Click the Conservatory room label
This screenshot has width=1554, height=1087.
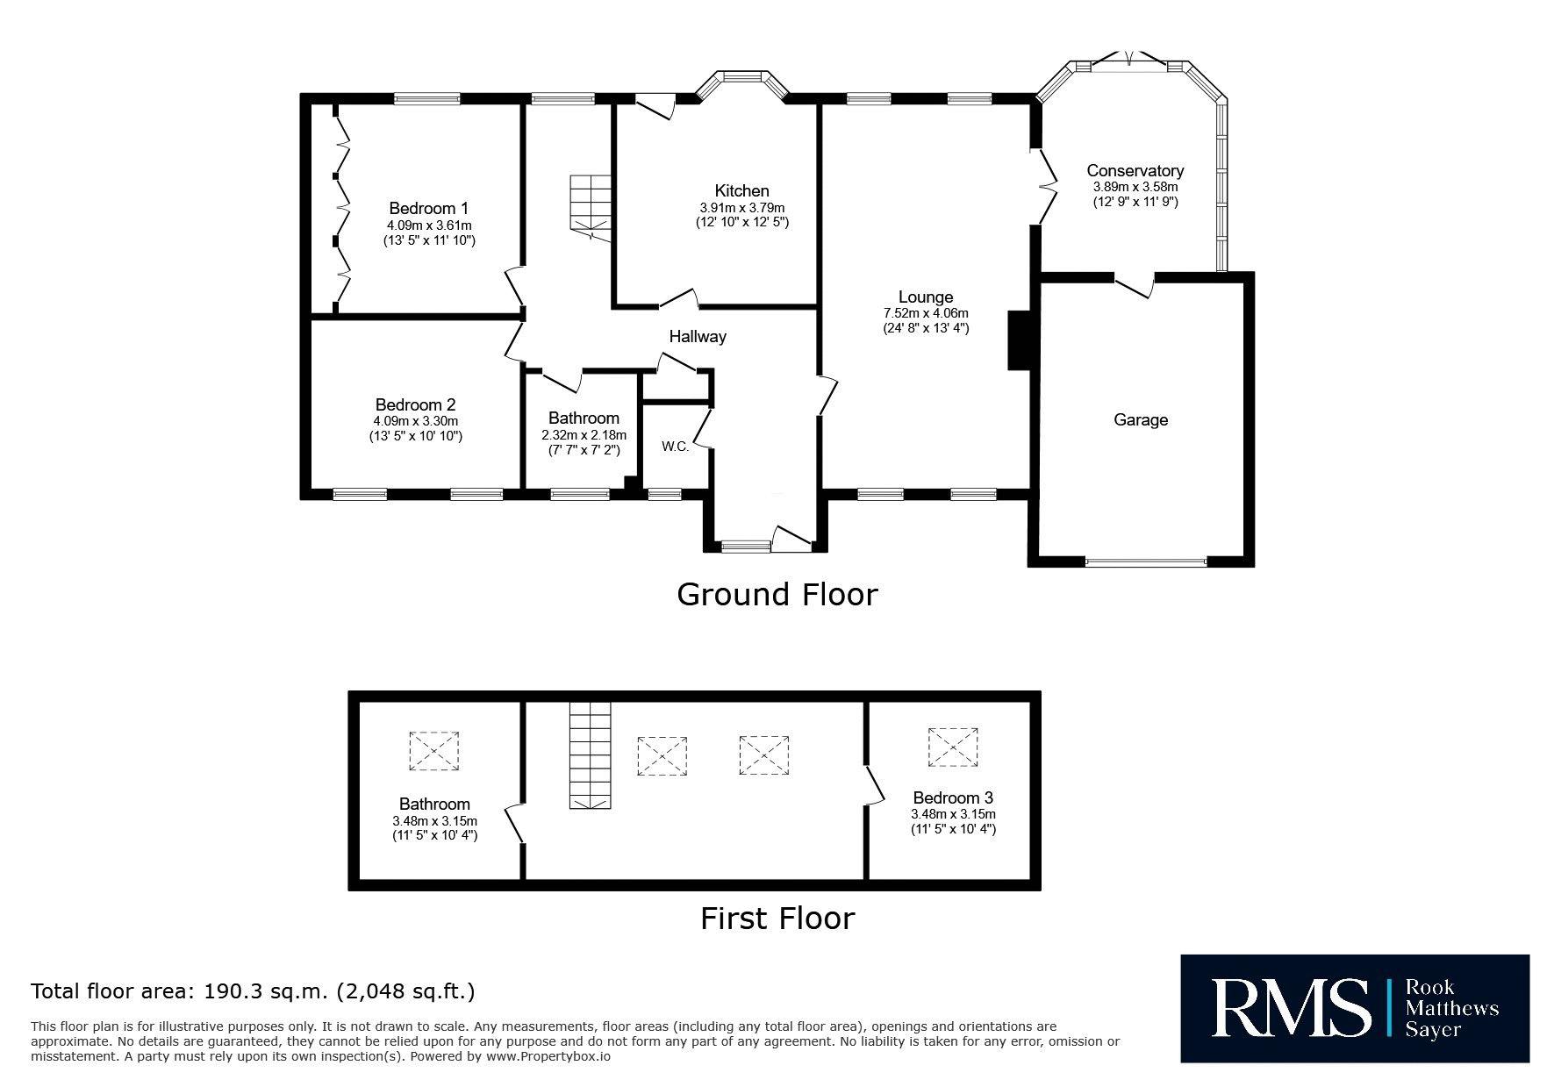point(1135,171)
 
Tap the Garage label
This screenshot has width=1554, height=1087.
point(1141,420)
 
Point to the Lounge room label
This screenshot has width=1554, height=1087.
point(925,297)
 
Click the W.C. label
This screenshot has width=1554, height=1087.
point(675,447)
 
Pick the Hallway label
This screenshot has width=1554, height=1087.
point(698,336)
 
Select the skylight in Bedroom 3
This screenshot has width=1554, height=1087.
point(953,747)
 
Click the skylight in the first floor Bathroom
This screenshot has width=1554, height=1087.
point(433,751)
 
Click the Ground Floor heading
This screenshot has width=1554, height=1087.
point(777,595)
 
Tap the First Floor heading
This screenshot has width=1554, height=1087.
point(777,919)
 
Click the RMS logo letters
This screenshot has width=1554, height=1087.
point(1290,1007)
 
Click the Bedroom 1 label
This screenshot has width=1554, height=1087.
point(428,209)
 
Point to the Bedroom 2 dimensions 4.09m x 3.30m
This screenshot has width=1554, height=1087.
point(415,421)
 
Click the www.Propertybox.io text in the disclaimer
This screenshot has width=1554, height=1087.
point(548,1056)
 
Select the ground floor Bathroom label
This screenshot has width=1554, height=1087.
point(584,418)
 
